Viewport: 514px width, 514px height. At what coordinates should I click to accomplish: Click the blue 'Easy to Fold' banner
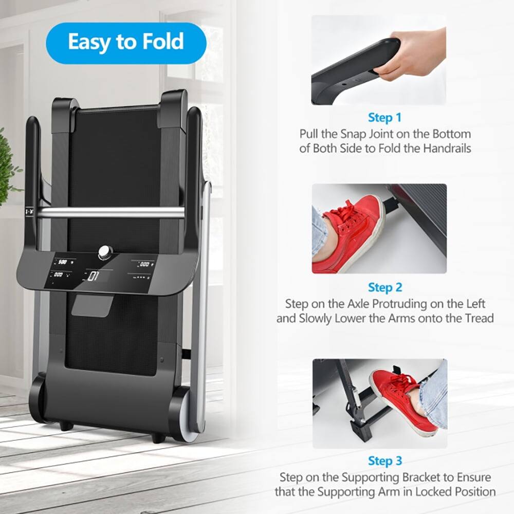coord(126,43)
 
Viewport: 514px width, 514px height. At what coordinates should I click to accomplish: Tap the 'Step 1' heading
coord(384,118)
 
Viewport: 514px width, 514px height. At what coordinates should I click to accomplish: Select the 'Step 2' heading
coord(384,287)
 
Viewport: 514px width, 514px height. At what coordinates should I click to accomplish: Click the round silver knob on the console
coord(105,251)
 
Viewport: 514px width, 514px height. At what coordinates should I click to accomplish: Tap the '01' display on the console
coord(94,277)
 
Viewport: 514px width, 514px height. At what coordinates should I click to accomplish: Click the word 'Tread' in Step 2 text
coord(479,318)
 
